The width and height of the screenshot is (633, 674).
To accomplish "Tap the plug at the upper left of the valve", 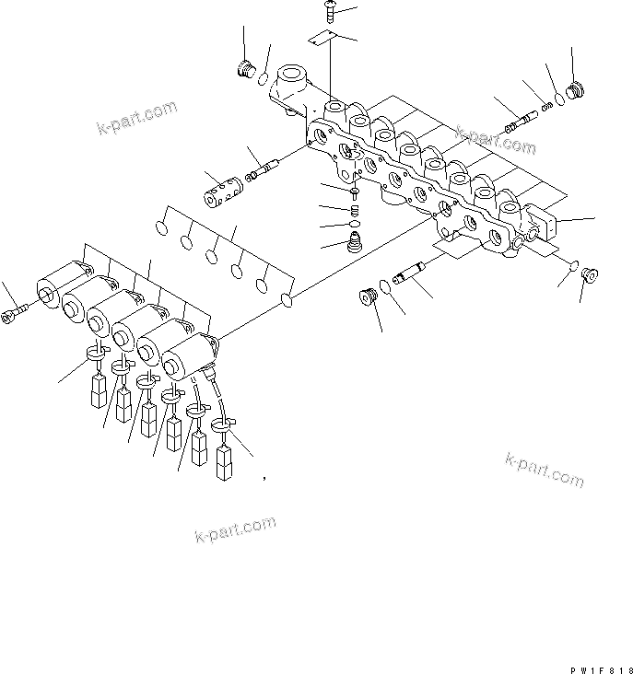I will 246,69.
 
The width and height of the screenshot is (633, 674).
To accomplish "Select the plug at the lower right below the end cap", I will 587,273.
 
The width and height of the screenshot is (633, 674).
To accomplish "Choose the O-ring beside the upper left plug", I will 264,78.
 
